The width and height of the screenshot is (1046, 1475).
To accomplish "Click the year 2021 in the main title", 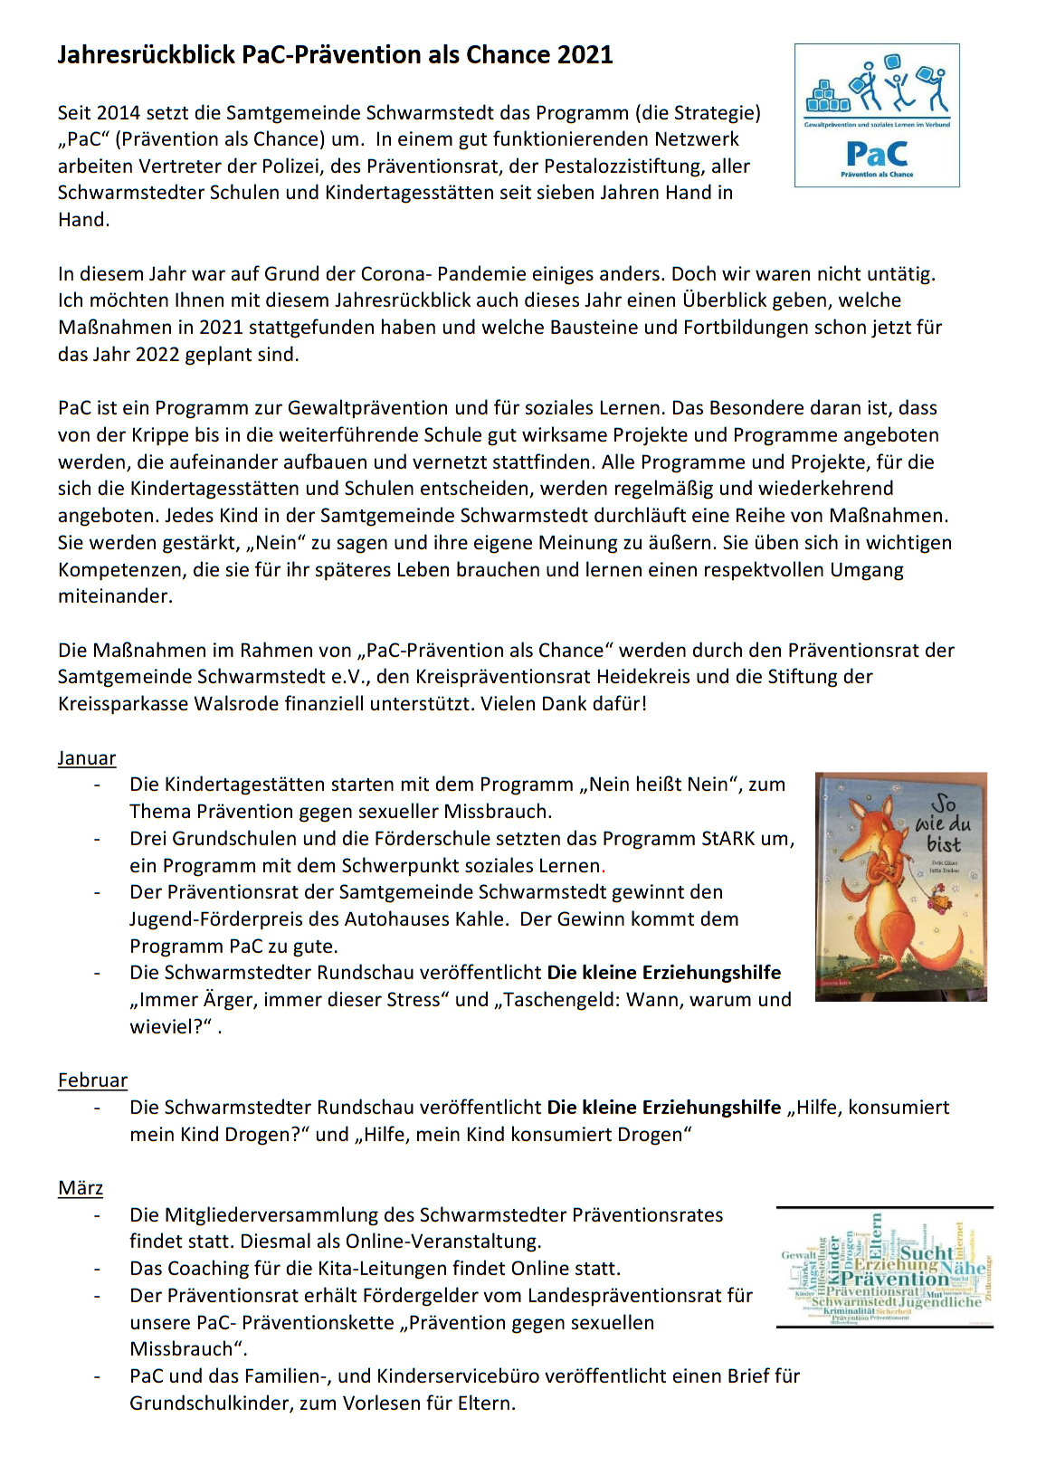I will (585, 55).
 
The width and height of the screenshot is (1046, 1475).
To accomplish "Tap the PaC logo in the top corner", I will (877, 116).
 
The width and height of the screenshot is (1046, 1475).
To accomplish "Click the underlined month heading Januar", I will (87, 758).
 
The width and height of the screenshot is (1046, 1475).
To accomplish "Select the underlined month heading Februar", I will (92, 1080).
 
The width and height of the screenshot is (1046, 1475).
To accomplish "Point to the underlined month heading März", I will (81, 1188).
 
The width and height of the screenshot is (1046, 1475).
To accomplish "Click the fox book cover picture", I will (900, 887).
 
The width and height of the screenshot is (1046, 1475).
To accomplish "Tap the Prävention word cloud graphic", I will (885, 1267).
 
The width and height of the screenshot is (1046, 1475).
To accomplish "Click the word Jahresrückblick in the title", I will (147, 55).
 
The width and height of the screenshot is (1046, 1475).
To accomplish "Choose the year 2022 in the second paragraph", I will (157, 355).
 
